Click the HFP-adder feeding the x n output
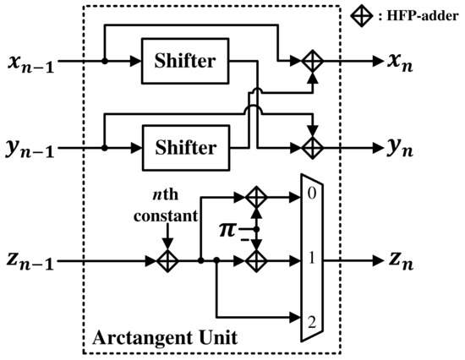[313, 61]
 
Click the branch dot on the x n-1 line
[103, 61]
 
